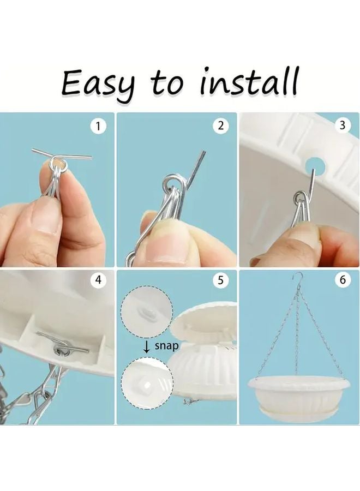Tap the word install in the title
(x=249, y=81)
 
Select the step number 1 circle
(x=98, y=127)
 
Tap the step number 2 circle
(x=221, y=126)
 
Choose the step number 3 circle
(x=342, y=125)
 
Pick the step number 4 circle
(x=98, y=280)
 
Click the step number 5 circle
(x=221, y=280)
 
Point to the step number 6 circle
(x=343, y=279)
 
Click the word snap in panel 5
(x=167, y=346)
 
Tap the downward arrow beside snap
(x=146, y=346)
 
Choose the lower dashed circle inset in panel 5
(x=147, y=382)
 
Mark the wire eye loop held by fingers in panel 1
(x=58, y=164)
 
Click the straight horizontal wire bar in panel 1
(x=62, y=154)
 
